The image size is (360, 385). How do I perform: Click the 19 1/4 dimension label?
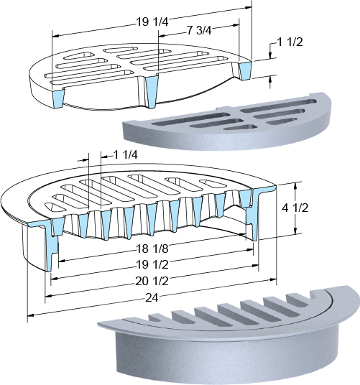click(152, 22)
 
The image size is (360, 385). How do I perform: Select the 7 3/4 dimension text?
click(199, 31)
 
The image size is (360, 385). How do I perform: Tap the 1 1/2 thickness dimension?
click(290, 42)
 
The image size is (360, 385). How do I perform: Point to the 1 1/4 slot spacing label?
click(125, 155)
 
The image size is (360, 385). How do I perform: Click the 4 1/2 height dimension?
click(295, 208)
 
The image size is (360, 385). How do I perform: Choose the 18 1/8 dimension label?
click(152, 249)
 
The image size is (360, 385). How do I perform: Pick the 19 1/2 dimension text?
click(152, 264)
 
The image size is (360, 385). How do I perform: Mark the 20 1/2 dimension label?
click(152, 281)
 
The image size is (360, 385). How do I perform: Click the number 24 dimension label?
click(152, 298)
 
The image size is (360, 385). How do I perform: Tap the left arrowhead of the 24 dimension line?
click(30, 315)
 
